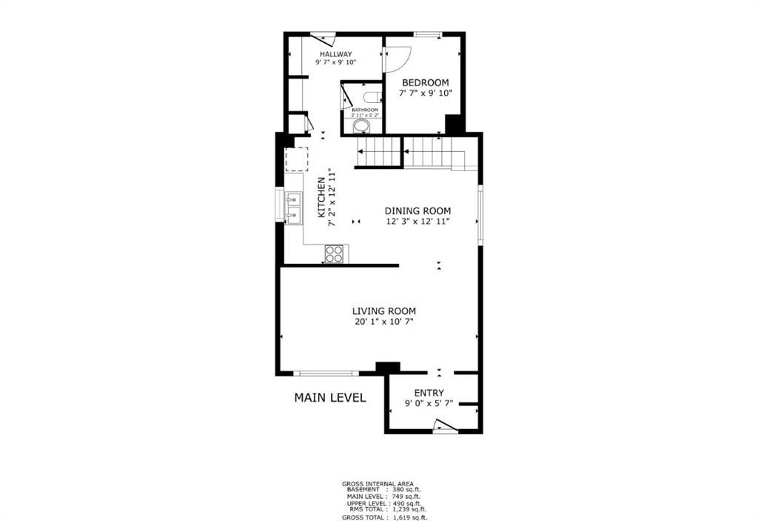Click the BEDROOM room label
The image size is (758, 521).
point(425,82)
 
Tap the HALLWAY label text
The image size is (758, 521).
point(335,54)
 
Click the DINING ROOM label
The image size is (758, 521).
point(417,210)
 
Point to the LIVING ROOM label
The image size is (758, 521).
point(383,311)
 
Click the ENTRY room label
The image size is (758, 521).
point(429,393)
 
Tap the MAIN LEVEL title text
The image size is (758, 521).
point(330,397)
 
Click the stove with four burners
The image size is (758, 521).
point(335,253)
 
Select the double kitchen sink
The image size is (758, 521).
point(294,208)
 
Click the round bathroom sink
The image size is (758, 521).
point(361,127)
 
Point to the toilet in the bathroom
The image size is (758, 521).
point(372,96)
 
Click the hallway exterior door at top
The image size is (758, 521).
point(323,37)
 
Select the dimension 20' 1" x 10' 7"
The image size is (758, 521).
point(383,322)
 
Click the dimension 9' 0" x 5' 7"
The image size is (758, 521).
point(429,404)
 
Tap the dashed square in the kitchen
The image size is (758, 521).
point(296,159)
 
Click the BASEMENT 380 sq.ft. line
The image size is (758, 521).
point(384,490)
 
